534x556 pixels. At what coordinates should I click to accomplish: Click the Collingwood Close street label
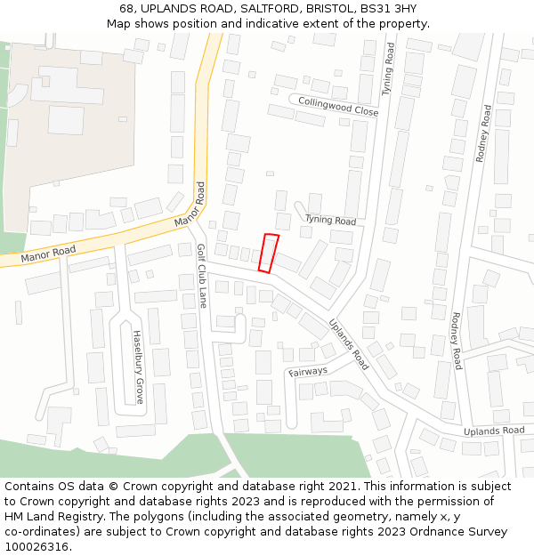coord(338,106)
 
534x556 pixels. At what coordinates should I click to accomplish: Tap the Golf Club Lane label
coord(201,276)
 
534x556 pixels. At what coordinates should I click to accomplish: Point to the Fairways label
coord(308,371)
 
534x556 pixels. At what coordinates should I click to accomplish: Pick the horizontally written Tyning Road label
coord(330,220)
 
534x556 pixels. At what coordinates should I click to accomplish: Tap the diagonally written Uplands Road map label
coord(348,345)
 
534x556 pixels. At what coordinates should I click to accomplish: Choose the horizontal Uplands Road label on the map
coord(494,431)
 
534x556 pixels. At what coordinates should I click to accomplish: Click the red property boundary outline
coord(268,253)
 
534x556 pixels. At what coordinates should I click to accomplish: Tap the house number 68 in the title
coord(127,8)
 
